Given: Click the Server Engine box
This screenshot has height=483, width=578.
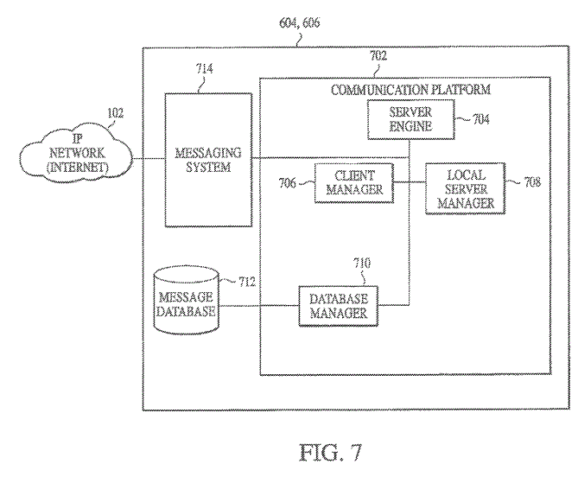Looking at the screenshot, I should pos(410,120).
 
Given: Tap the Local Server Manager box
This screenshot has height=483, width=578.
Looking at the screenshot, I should pos(465,188).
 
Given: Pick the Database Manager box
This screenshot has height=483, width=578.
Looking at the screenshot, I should pos(338,305).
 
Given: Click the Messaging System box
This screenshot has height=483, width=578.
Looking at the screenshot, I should pos(208,160).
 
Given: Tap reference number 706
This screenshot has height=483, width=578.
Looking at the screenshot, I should pos(287,183).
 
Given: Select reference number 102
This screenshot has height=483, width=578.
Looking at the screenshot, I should pos(115,112).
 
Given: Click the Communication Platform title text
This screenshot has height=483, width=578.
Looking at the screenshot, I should pos(411,89).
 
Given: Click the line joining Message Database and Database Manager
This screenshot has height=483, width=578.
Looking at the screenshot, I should pos(257,305).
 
